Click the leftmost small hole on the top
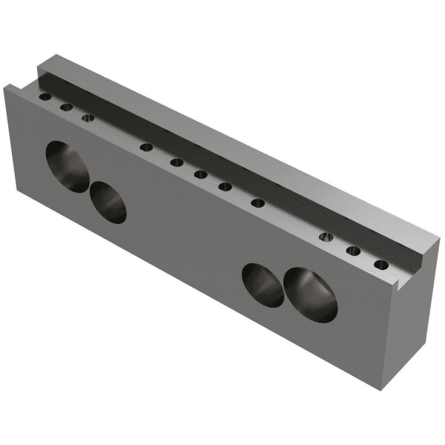46,97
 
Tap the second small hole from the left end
67,108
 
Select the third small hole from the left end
88,117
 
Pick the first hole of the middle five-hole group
147,146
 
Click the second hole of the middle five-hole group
177,162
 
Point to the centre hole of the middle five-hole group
200,174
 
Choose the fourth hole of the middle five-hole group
225,186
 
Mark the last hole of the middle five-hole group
258,202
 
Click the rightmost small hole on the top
381,264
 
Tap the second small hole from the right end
354,251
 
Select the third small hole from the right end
326,237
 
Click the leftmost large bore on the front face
65,166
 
